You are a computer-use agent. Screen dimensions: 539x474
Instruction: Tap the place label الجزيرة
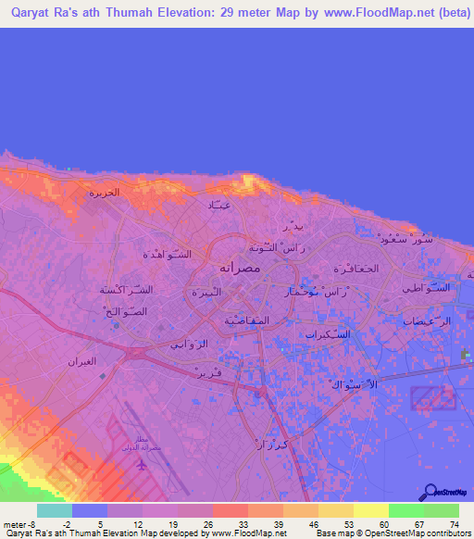[105, 194]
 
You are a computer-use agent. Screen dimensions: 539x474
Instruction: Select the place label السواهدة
[167, 254]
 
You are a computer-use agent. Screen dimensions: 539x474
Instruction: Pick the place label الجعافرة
[355, 269]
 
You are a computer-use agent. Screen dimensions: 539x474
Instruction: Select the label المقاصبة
[246, 320]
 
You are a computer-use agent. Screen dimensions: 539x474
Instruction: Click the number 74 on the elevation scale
[455, 525]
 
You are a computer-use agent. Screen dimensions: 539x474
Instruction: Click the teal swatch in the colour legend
[55, 510]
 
